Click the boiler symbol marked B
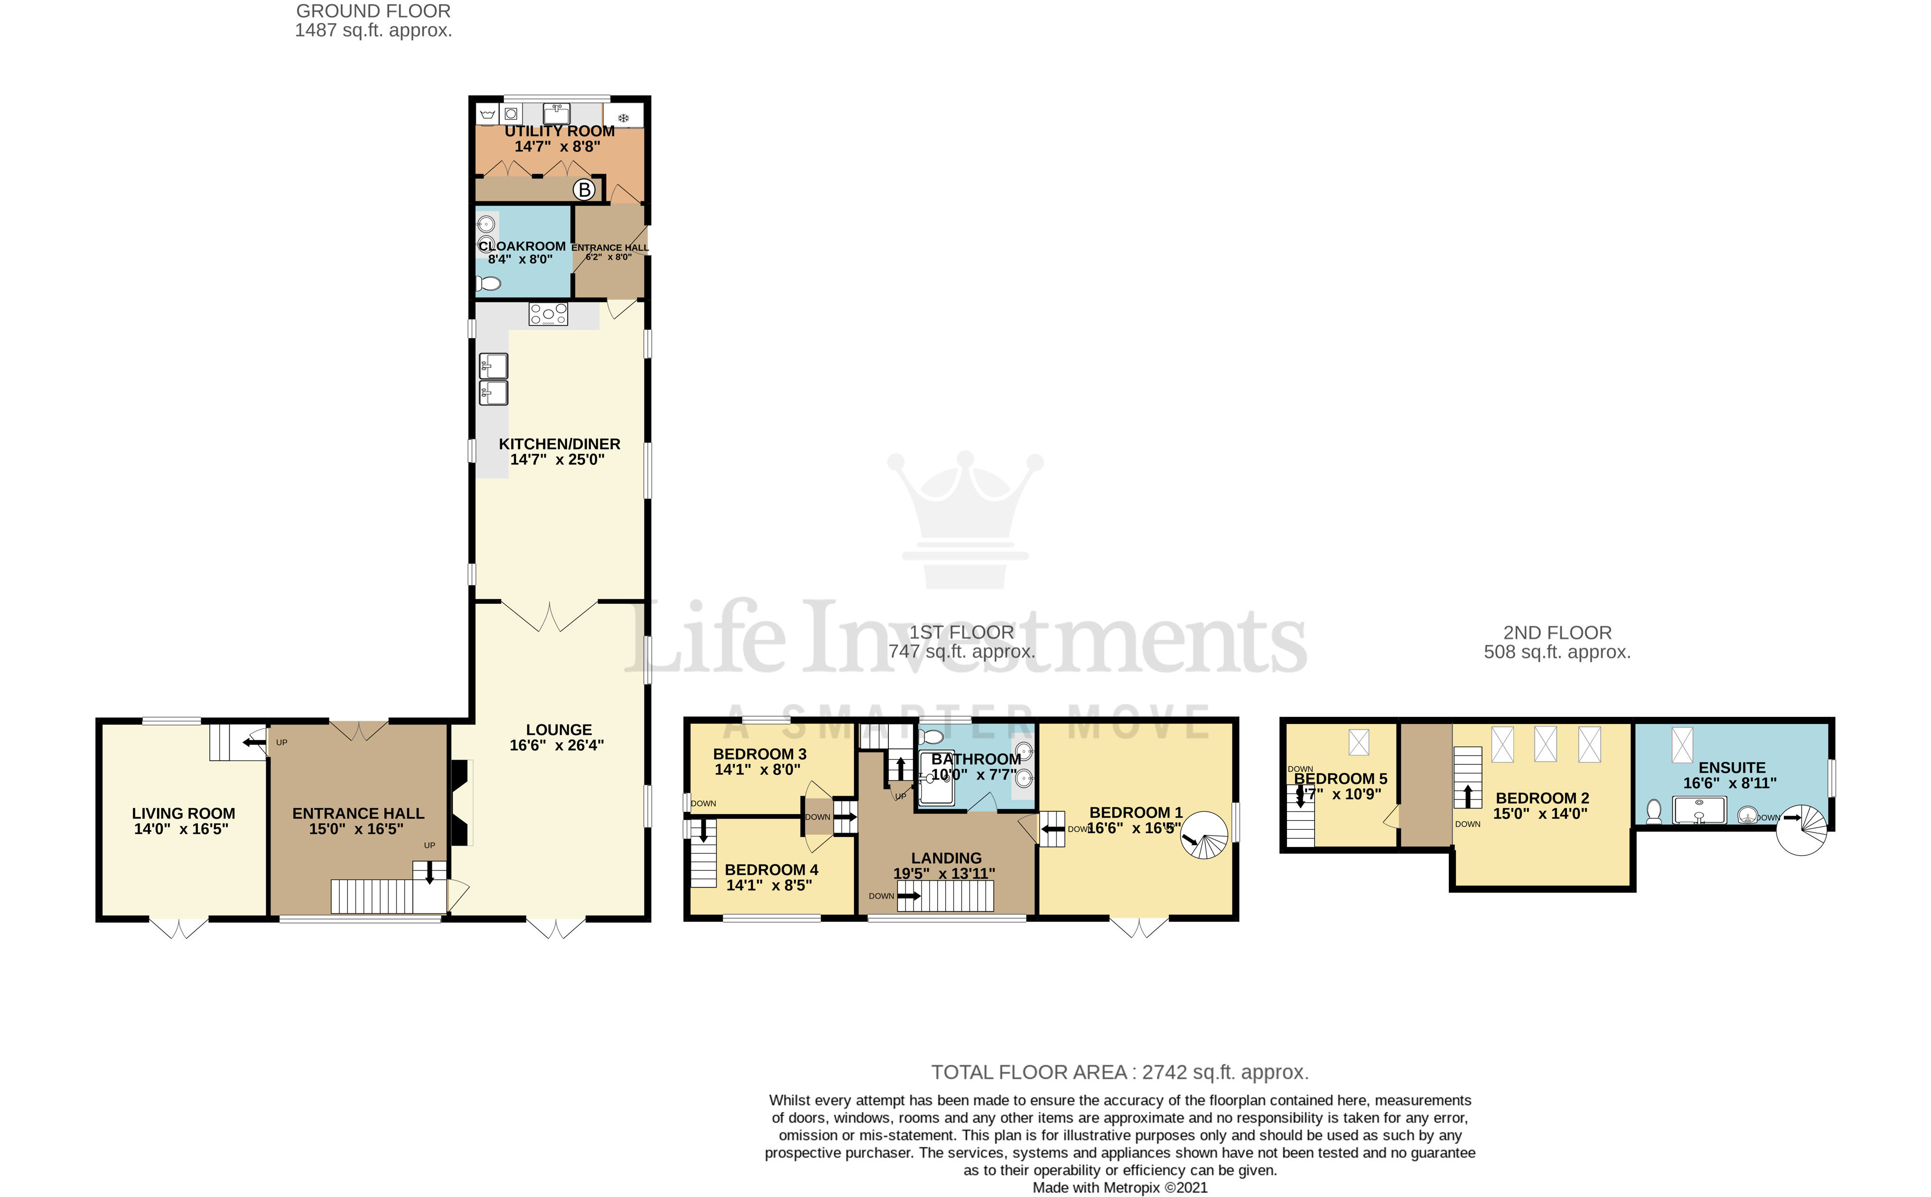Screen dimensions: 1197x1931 pos(584,190)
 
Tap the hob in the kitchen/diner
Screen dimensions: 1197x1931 pos(548,314)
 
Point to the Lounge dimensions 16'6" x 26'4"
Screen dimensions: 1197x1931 pos(557,745)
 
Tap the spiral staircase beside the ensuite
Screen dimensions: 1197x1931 pos(1802,830)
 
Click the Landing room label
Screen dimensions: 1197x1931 pos(946,858)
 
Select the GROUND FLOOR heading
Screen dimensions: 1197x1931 pos(373,11)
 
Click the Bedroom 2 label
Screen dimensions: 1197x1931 pos(1541,798)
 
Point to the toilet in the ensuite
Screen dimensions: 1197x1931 pos(1654,811)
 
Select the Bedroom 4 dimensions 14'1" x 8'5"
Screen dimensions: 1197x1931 pos(769,885)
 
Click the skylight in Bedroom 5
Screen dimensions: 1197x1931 pos(1359,742)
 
